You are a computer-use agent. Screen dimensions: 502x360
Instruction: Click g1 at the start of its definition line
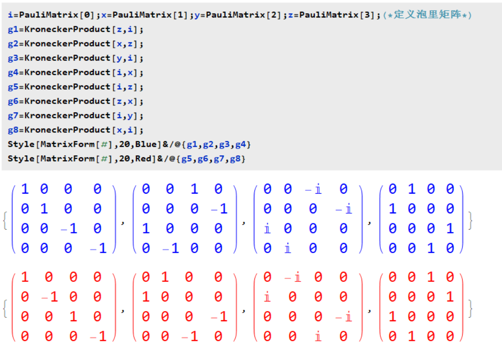click(13, 29)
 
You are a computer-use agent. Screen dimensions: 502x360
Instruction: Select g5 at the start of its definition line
click(13, 87)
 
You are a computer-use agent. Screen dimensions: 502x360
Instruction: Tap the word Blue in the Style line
click(146, 144)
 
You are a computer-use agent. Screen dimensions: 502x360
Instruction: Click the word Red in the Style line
click(143, 159)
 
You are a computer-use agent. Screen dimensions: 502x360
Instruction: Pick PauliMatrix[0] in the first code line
click(56, 15)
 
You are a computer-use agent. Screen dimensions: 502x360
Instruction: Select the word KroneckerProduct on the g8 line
click(67, 130)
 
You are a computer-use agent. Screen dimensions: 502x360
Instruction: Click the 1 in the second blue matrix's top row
click(194, 189)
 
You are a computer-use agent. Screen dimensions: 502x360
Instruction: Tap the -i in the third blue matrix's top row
click(313, 189)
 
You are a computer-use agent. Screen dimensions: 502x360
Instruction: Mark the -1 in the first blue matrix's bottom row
click(98, 248)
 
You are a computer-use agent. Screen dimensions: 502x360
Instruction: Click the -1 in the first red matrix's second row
click(49, 297)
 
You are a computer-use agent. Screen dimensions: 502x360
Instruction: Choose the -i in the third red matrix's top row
click(293, 277)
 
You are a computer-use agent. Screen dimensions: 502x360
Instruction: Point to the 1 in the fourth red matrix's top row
click(431, 277)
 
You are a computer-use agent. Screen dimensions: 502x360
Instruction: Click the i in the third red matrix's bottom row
click(318, 337)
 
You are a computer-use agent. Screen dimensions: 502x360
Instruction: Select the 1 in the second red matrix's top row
click(165, 277)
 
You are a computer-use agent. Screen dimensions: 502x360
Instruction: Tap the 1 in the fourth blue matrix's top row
click(412, 189)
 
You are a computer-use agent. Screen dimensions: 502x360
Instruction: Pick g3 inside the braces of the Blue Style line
click(225, 144)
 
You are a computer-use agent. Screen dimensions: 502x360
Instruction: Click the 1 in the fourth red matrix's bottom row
click(412, 337)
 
